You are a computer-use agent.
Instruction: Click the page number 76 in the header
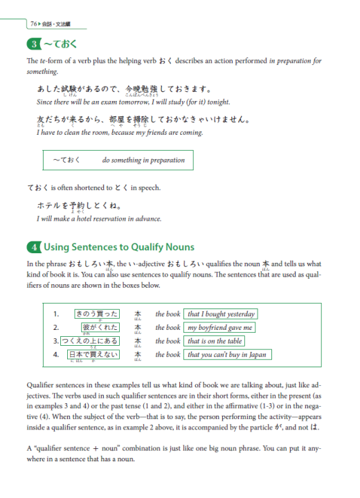(33, 24)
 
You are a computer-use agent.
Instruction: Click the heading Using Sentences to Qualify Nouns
(119, 247)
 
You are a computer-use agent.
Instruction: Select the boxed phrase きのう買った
(96, 313)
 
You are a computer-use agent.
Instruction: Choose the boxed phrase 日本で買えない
(93, 355)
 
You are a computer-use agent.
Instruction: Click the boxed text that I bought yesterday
(222, 314)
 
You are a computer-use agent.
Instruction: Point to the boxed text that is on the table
(215, 341)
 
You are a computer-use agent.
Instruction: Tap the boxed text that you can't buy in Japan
(227, 355)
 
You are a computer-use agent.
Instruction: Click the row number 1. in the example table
(55, 314)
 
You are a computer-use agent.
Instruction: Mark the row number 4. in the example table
(55, 355)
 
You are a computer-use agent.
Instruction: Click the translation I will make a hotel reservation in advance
(98, 219)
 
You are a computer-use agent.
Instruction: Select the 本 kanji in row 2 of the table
(138, 327)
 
